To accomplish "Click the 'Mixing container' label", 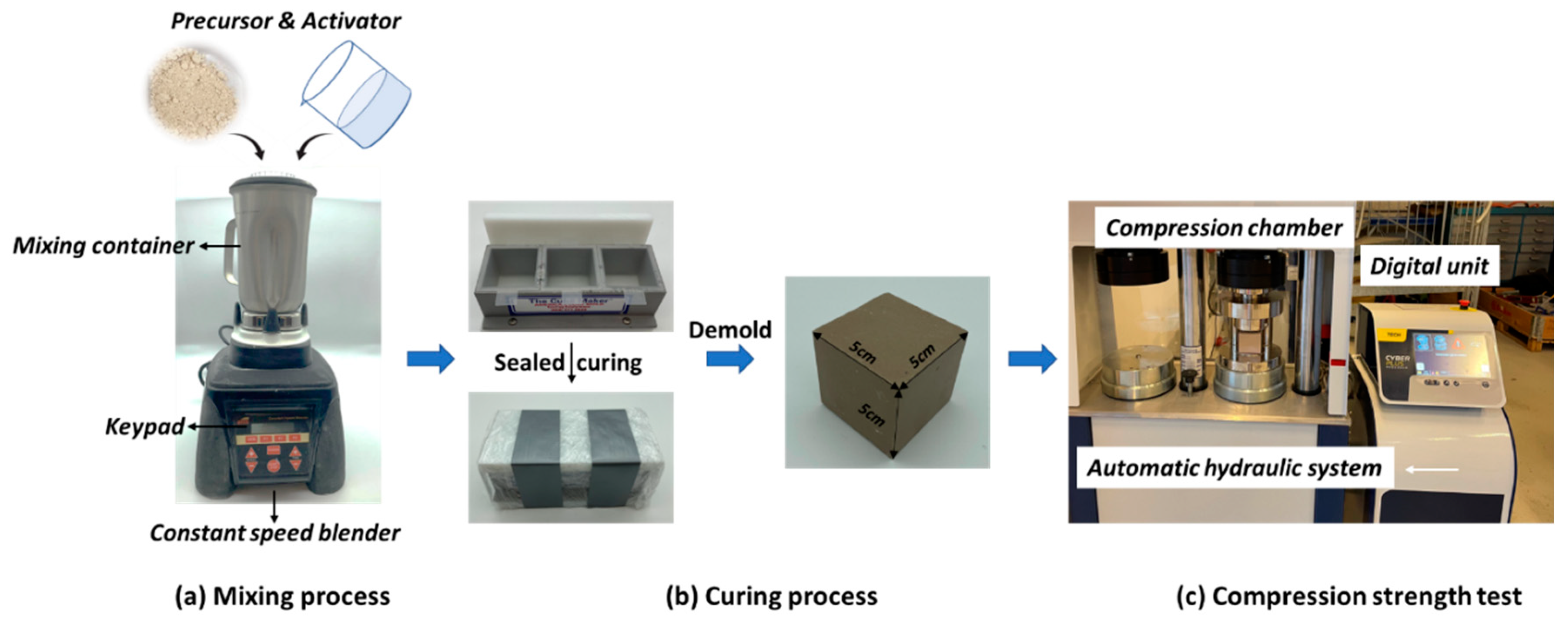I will click(x=104, y=246).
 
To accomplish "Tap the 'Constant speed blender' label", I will click(x=275, y=533).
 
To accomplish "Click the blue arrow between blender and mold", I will click(x=430, y=359).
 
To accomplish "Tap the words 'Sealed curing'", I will click(x=567, y=362).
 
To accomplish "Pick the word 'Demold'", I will click(x=729, y=330).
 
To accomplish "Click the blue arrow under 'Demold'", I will click(x=729, y=359).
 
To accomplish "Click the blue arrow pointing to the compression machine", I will click(x=1032, y=359).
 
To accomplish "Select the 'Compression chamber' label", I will click(x=1223, y=228).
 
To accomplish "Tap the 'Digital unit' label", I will click(x=1428, y=266).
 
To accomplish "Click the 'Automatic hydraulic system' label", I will click(x=1234, y=468).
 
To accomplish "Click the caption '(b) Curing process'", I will click(x=771, y=596).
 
